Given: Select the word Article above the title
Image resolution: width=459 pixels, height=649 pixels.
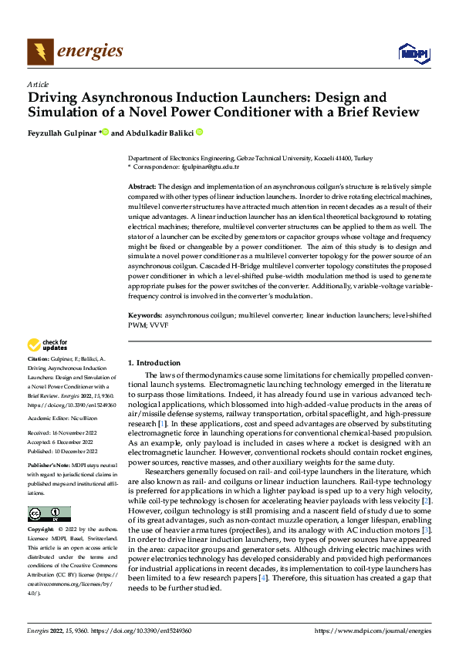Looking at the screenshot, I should (38, 84).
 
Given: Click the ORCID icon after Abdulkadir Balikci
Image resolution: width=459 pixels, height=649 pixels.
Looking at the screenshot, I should (199, 133).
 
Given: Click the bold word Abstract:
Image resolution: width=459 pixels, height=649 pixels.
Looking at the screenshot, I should (142, 187).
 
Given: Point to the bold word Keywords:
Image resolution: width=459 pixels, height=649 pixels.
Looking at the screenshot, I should (144, 315).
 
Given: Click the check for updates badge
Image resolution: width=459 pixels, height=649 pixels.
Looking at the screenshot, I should (48, 345).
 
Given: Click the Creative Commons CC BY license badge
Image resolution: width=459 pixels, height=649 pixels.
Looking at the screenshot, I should (49, 514).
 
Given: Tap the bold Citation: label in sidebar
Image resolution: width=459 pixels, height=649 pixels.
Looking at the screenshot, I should (38, 360).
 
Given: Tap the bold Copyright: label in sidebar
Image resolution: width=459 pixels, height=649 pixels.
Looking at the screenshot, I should (40, 530).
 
